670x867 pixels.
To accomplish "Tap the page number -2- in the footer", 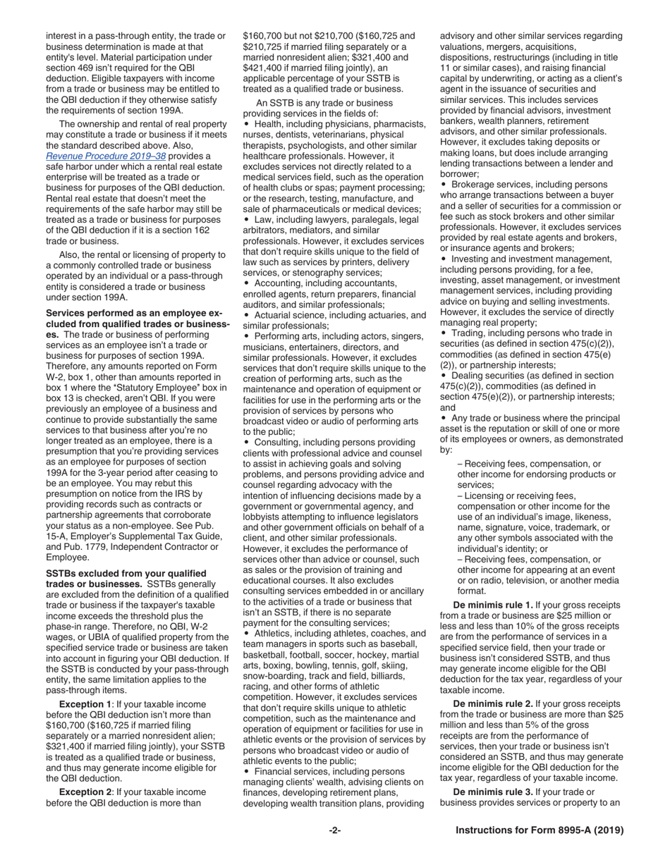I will pyautogui.click(x=335, y=830).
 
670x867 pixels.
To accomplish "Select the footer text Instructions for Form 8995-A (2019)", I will pyautogui.click(x=540, y=830).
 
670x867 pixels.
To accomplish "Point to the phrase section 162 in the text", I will pyautogui.click(x=202, y=230).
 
